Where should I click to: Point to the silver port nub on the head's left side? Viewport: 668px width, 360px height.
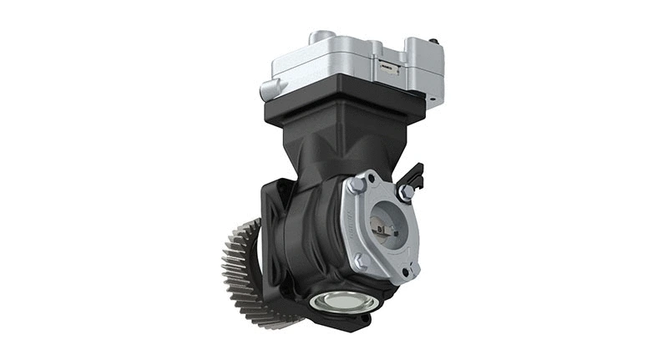tap(271, 88)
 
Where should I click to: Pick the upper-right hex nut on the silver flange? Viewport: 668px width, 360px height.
tap(407, 193)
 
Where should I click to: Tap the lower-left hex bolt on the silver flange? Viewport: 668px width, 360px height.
tap(361, 261)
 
